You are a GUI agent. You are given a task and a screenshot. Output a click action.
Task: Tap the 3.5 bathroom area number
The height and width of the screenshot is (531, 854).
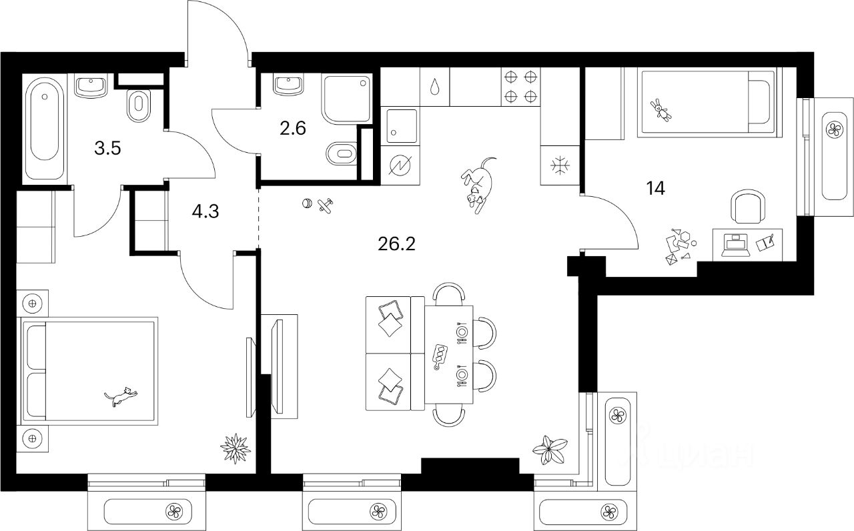107,148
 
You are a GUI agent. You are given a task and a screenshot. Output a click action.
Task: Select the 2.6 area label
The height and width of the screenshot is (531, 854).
293,128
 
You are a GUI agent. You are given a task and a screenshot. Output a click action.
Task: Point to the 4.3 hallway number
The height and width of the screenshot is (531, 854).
204,211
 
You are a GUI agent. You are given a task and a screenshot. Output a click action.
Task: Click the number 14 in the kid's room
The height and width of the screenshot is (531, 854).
655,189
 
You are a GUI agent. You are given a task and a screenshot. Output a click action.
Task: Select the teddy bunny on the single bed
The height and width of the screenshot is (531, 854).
662,109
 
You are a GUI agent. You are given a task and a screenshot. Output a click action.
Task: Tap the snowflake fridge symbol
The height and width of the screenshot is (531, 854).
559,164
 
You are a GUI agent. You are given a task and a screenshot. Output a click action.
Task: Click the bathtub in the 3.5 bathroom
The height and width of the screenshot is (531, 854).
45,126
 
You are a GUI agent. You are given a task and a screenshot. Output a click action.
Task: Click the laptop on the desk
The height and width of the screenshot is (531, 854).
735,245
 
